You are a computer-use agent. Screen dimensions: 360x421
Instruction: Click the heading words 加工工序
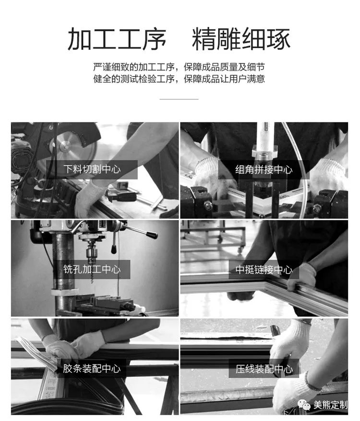coord(117,39)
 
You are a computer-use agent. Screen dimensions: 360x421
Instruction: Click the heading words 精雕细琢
coord(241,39)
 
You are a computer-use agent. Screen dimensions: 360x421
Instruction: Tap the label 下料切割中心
coord(92,169)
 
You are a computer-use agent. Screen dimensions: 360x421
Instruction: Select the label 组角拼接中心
coord(264,169)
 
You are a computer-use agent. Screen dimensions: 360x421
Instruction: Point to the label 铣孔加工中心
coord(92,269)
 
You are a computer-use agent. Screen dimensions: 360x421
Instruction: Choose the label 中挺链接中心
coord(264,270)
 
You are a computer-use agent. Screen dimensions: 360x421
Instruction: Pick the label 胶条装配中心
coord(92,369)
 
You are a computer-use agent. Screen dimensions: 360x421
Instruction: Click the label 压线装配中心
coord(264,369)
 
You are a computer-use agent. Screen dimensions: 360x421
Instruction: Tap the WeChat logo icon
coord(304,404)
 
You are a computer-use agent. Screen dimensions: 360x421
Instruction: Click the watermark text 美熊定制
coord(330,405)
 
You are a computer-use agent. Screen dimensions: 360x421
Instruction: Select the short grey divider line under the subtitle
coord(179,99)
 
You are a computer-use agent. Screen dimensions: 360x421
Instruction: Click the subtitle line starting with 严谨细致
coord(179,67)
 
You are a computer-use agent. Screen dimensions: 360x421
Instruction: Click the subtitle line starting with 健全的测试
coord(179,79)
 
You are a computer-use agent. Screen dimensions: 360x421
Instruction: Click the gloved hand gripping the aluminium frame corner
coord(302,278)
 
